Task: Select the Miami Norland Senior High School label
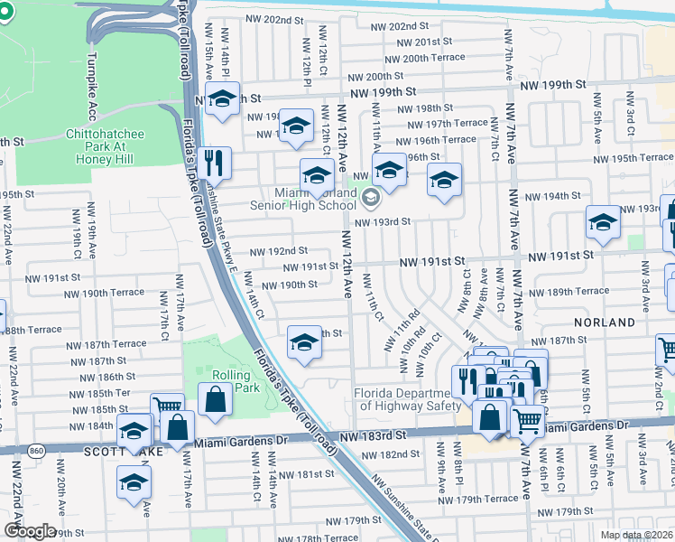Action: click(x=315, y=199)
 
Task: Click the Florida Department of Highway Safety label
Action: click(x=401, y=399)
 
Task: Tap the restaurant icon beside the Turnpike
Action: click(x=215, y=164)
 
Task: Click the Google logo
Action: click(x=30, y=531)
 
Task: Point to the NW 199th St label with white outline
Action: click(x=384, y=92)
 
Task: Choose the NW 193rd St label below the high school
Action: click(x=383, y=221)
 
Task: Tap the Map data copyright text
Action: click(x=638, y=535)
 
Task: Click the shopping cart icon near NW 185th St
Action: click(x=166, y=407)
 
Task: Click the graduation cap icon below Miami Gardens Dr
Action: click(x=134, y=482)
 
